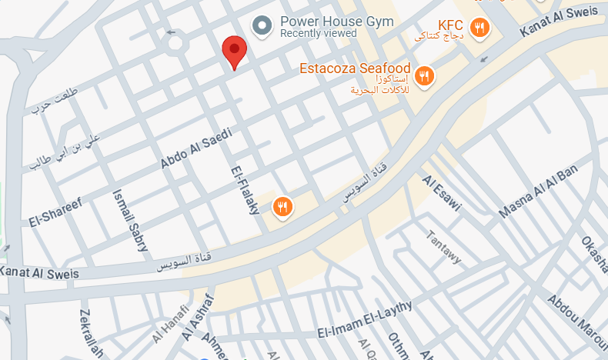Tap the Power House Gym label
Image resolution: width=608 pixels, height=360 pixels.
pyautogui.click(x=337, y=22)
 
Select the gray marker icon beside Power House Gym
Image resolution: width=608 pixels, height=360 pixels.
pyautogui.click(x=263, y=26)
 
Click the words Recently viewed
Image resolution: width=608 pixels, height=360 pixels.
pyautogui.click(x=319, y=34)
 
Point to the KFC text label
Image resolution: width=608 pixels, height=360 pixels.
pyautogui.click(x=450, y=24)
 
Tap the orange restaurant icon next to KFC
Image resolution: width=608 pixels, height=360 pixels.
pyautogui.click(x=481, y=29)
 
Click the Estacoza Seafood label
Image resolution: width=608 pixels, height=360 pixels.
pyautogui.click(x=355, y=68)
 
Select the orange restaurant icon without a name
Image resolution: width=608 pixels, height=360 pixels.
pyautogui.click(x=283, y=206)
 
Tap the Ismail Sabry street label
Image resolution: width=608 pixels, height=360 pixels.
pyautogui.click(x=130, y=221)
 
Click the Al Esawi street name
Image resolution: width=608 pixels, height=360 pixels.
pyautogui.click(x=441, y=193)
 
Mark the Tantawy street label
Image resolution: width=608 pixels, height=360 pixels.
pyautogui.click(x=444, y=247)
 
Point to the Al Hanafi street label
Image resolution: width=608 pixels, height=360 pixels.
pyautogui.click(x=169, y=329)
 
